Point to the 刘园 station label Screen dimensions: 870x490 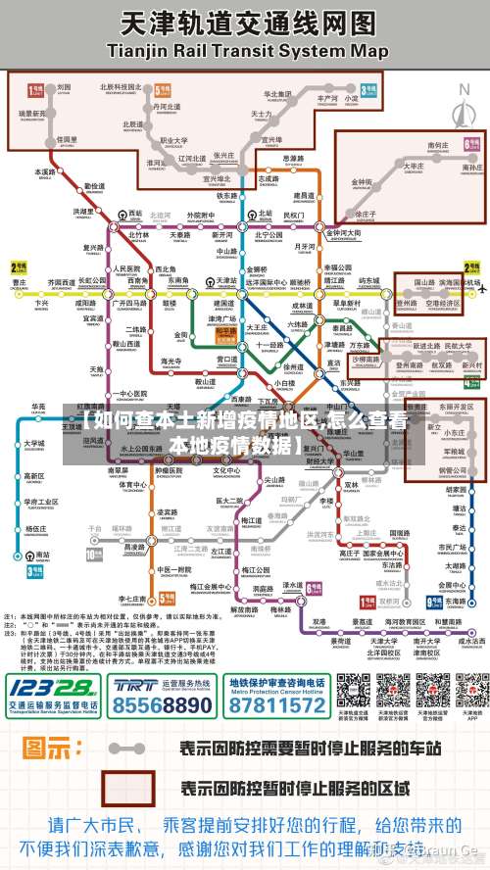(64, 87)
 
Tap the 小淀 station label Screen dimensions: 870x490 (351, 99)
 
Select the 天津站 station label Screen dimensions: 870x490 (227, 281)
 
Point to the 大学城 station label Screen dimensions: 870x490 (34, 443)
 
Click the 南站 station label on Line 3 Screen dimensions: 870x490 (42, 555)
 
